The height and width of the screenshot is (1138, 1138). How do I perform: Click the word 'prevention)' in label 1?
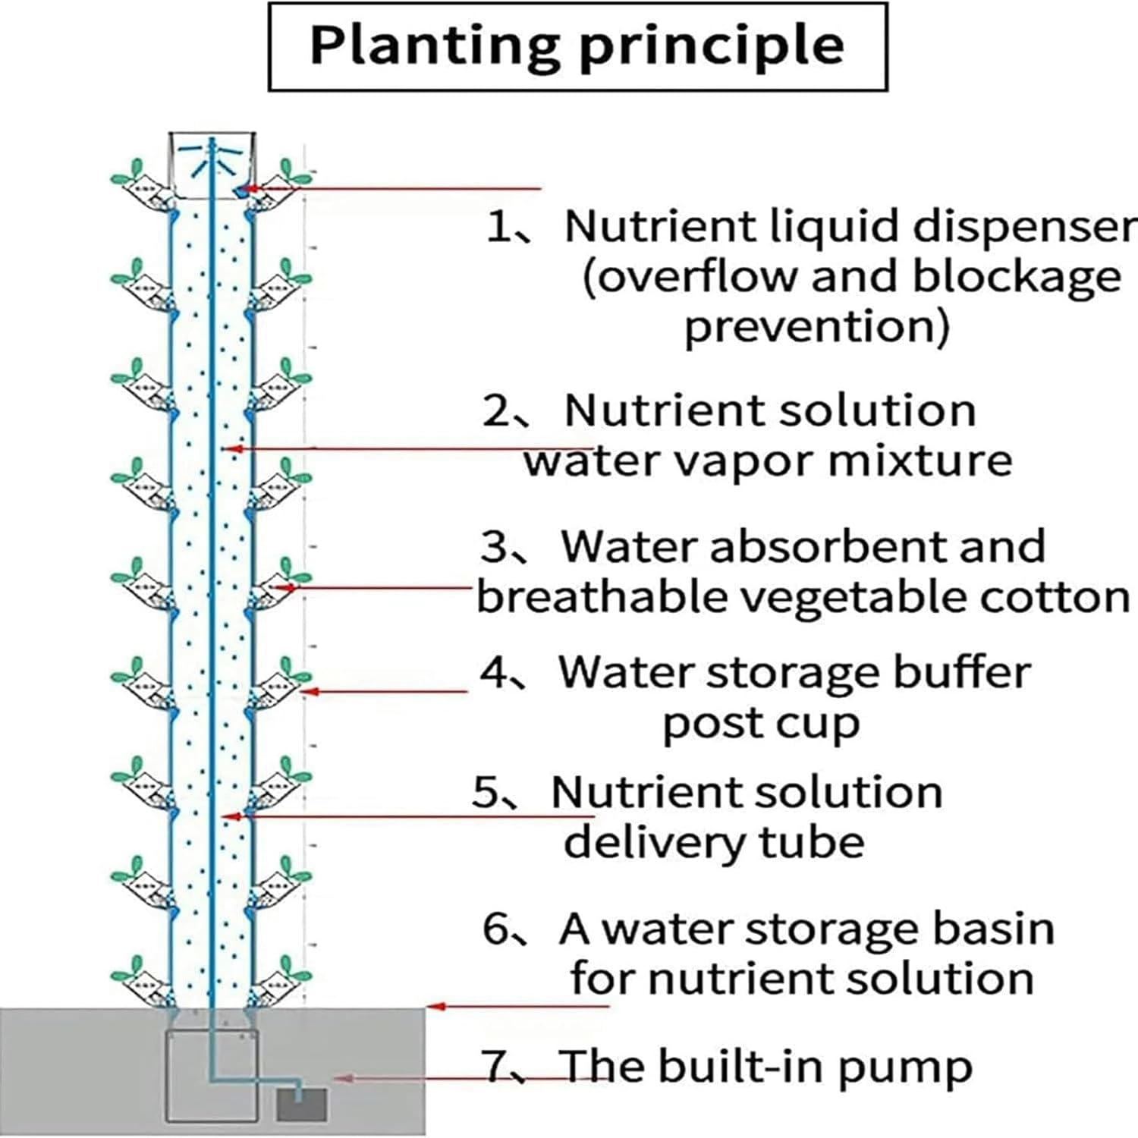click(x=816, y=326)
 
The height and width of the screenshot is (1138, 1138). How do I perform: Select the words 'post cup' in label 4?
click(x=761, y=724)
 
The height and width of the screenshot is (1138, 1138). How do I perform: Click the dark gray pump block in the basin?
click(x=301, y=1105)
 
